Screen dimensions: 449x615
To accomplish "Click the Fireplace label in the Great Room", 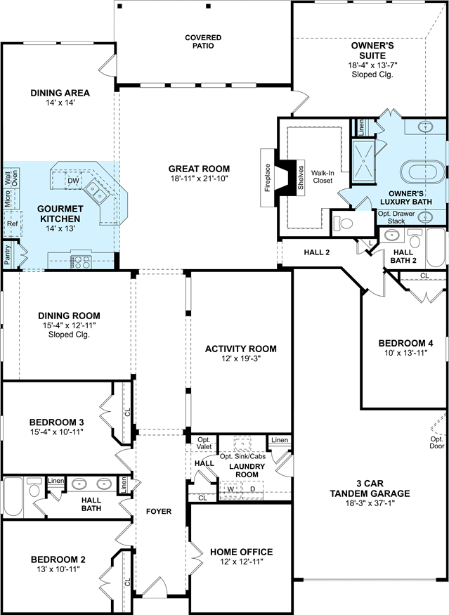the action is pyautogui.click(x=268, y=177).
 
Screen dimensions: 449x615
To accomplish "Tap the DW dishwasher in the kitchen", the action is pyautogui.click(x=73, y=181).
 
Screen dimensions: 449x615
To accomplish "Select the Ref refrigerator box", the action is pyautogui.click(x=13, y=224).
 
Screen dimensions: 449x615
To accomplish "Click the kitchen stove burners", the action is pyautogui.click(x=81, y=262).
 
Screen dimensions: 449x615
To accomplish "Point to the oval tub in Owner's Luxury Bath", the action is pyautogui.click(x=423, y=172).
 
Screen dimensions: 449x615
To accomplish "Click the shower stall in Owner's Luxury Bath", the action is pyautogui.click(x=363, y=161).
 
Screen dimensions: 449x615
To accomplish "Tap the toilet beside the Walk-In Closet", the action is pyautogui.click(x=343, y=224).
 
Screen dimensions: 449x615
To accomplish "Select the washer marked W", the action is pyautogui.click(x=230, y=490).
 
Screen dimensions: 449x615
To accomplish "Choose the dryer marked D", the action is pyautogui.click(x=253, y=490).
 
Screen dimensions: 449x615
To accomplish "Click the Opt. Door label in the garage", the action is pyautogui.click(x=437, y=442).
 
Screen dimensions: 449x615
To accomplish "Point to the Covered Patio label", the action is pyautogui.click(x=203, y=41).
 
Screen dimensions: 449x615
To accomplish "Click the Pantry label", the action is pyautogui.click(x=8, y=254).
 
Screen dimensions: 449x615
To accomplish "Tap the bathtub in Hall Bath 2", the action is pyautogui.click(x=436, y=247).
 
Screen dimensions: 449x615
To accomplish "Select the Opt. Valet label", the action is pyautogui.click(x=204, y=444).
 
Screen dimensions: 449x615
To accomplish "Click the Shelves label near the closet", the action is pyautogui.click(x=301, y=177).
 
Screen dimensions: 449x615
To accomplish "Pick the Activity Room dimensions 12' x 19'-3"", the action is pyautogui.click(x=241, y=358).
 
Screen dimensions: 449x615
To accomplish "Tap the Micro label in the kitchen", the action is pyautogui.click(x=8, y=199).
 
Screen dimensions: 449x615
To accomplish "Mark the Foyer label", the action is pyautogui.click(x=159, y=511).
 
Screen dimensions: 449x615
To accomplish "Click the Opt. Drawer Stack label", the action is pyautogui.click(x=396, y=217).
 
